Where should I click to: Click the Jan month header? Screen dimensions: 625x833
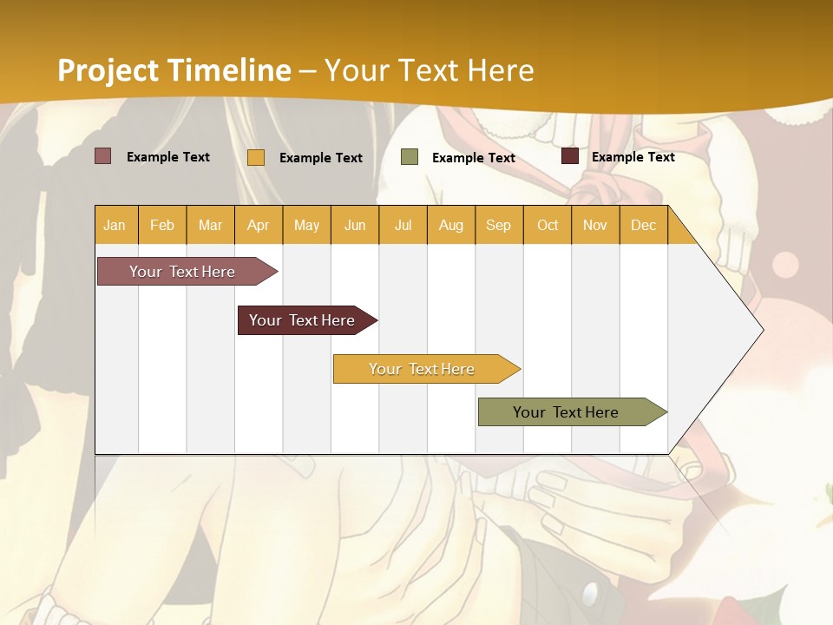tap(115, 225)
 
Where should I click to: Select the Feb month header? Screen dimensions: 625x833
tap(162, 225)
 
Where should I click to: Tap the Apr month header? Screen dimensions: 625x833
tap(258, 225)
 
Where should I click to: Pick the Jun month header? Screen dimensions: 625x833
tap(355, 225)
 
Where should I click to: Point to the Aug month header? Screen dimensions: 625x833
tap(450, 225)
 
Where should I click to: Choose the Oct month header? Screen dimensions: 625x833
tap(548, 225)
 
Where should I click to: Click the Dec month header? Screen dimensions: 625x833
tap(643, 225)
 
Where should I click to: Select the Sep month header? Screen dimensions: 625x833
tap(498, 225)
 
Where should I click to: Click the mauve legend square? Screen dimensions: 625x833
tap(102, 156)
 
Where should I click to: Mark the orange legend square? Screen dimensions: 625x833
tap(256, 157)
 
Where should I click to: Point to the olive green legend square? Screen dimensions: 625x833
tap(410, 157)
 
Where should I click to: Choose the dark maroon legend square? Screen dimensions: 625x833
tap(570, 156)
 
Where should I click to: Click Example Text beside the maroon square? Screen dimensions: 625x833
tap(633, 156)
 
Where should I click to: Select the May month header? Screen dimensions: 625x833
tap(306, 225)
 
